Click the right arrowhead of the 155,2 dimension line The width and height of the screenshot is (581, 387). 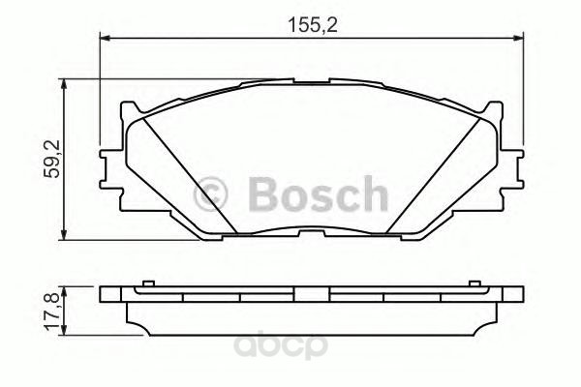click(520, 39)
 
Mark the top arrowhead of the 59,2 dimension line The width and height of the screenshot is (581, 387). click(65, 85)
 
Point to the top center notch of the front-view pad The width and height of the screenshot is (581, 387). click(312, 82)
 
